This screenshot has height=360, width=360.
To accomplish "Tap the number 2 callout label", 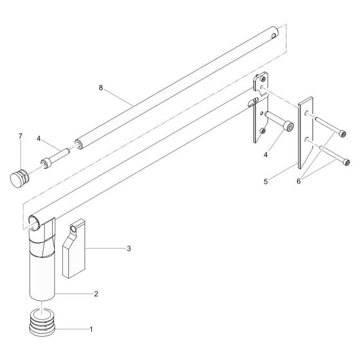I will pyautogui.click(x=95, y=294).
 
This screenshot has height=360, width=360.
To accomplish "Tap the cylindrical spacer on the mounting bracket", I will pyautogui.click(x=278, y=124).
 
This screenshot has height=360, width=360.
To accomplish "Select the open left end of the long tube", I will pyautogui.click(x=34, y=224).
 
